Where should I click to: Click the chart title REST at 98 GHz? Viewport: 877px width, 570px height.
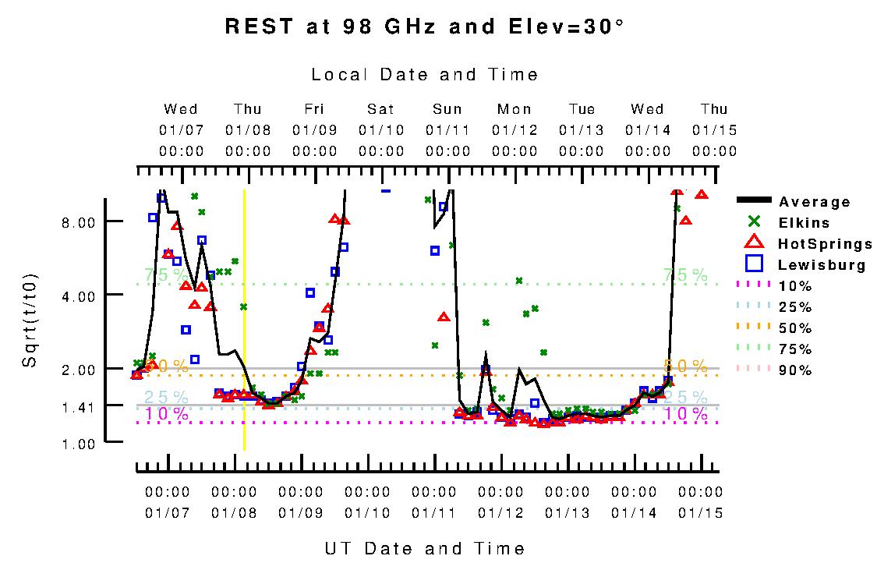[425, 26]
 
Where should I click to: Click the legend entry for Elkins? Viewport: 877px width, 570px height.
[804, 223]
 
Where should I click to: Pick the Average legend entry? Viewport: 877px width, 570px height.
[814, 202]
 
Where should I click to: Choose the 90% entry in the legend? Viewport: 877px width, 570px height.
[795, 370]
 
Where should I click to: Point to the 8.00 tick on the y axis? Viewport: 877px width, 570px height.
[79, 222]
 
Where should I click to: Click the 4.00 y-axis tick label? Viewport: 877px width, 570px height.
[79, 295]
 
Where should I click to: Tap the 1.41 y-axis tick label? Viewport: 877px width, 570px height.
[79, 406]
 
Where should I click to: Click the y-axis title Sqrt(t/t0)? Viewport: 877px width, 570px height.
[30, 320]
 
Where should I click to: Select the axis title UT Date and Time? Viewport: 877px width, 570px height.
[425, 549]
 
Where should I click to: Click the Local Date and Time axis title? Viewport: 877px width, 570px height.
[425, 75]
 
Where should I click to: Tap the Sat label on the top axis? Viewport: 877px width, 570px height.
[381, 109]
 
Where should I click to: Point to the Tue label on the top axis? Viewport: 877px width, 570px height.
[582, 109]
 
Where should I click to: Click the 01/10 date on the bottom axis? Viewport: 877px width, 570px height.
[367, 513]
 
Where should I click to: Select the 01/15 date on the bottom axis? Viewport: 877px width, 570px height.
[700, 513]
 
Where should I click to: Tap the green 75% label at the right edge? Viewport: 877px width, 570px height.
[685, 275]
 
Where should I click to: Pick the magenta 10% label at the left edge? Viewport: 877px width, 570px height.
[167, 414]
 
